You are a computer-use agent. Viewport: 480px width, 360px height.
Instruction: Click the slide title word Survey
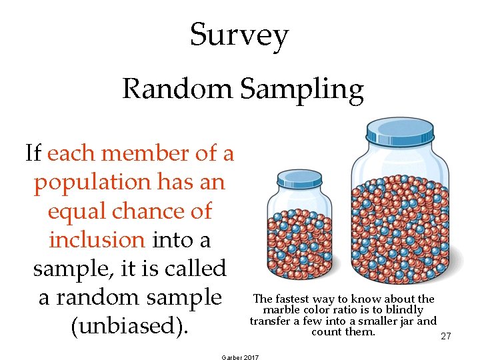[239, 35]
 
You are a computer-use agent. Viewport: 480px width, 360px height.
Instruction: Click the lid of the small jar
[299, 179]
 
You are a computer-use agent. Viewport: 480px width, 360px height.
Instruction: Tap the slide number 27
[446, 337]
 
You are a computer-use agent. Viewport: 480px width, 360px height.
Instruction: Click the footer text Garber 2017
[239, 357]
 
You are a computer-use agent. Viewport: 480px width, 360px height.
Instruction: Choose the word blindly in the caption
[404, 310]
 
